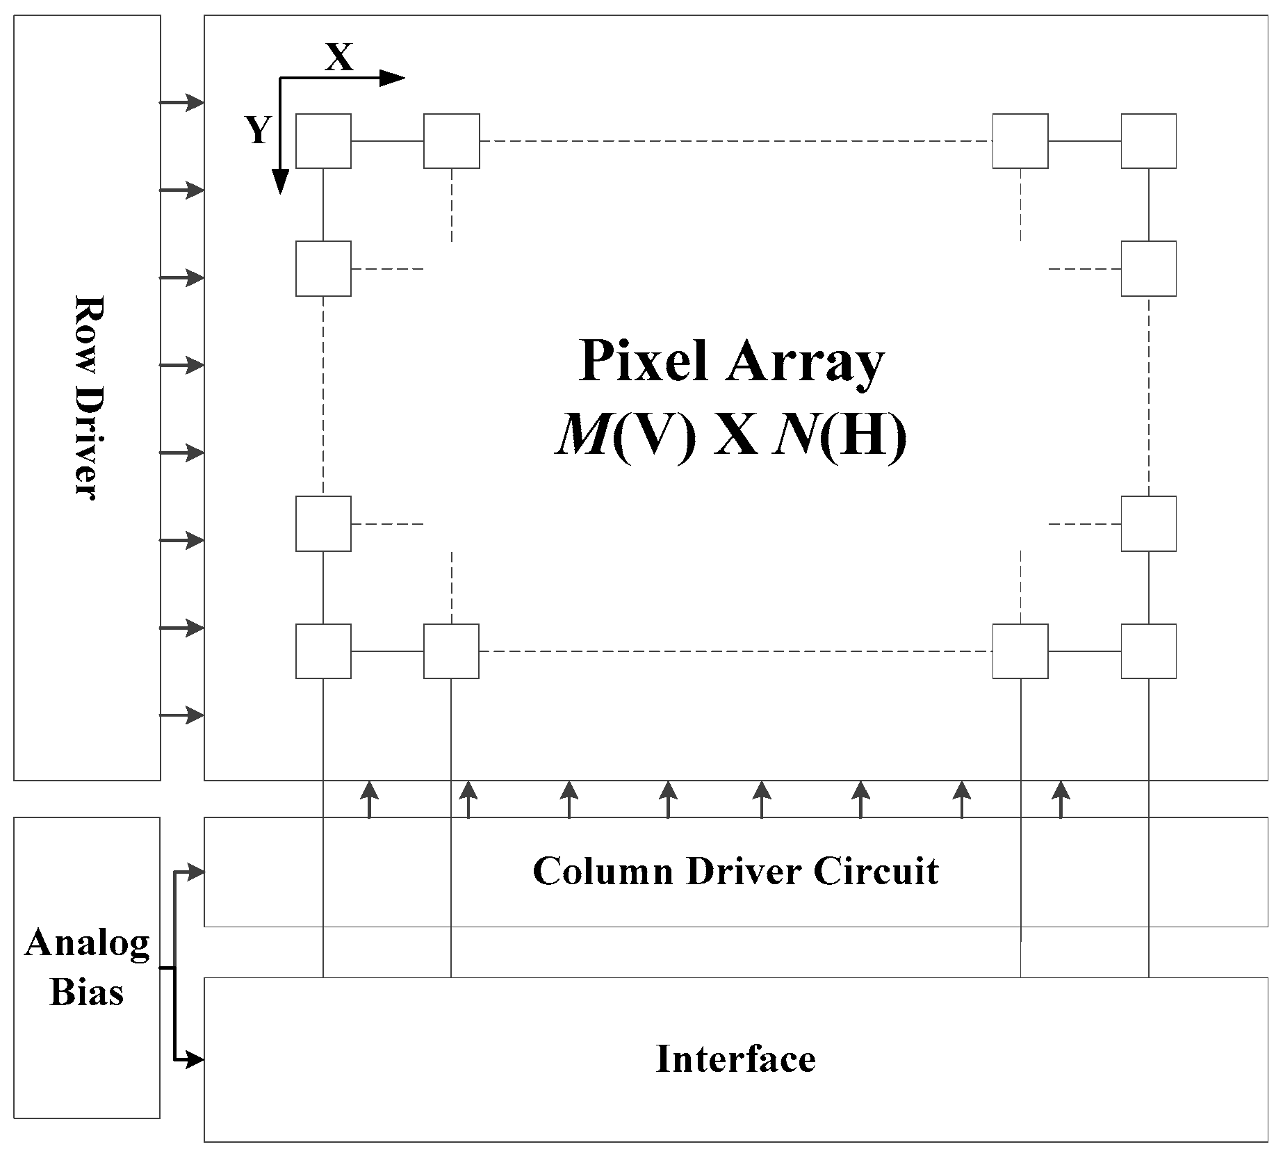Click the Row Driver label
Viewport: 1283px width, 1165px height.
pyautogui.click(x=87, y=398)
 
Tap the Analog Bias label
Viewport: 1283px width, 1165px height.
pyautogui.click(x=87, y=968)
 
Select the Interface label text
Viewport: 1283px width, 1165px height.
pyautogui.click(x=735, y=1059)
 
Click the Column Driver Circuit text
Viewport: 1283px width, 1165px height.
pyautogui.click(x=735, y=871)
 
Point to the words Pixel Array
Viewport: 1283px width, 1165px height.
pyautogui.click(x=731, y=361)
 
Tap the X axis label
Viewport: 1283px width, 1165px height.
pyautogui.click(x=339, y=58)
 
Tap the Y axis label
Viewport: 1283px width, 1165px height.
pyautogui.click(x=258, y=130)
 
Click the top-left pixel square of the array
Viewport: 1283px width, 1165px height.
pyautogui.click(x=323, y=141)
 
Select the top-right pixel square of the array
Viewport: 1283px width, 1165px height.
pyautogui.click(x=1148, y=141)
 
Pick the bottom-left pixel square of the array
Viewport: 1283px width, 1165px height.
pyautogui.click(x=323, y=651)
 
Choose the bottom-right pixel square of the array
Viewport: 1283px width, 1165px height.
pyautogui.click(x=1148, y=651)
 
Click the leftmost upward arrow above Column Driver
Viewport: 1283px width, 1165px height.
pyautogui.click(x=369, y=799)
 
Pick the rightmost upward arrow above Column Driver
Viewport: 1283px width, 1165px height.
pyautogui.click(x=1061, y=799)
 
